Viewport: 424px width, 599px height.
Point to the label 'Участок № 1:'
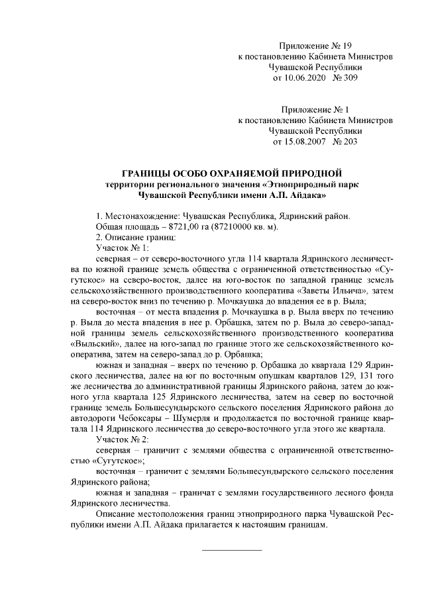[x=123, y=247]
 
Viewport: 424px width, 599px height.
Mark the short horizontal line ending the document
[x=231, y=549]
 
